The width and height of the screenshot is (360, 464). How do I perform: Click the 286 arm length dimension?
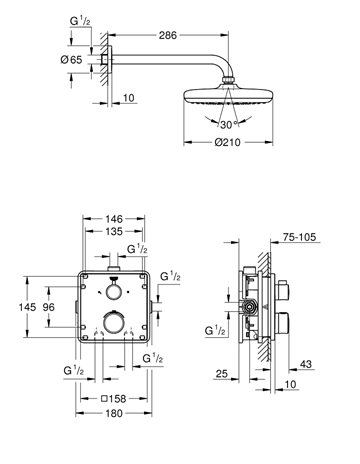point(167,35)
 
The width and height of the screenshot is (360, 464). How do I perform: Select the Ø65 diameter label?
point(71,60)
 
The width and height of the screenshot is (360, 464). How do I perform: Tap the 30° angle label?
point(229,125)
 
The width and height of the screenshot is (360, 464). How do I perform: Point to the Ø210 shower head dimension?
point(228,142)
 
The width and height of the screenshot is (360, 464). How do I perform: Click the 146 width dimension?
point(114,219)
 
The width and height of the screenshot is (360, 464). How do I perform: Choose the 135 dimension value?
point(114,231)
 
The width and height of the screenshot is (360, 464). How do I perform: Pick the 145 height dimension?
point(27,307)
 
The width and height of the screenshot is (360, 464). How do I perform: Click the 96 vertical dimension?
point(49,307)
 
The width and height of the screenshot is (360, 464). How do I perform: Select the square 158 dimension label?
point(114,398)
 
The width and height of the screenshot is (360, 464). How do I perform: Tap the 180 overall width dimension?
point(114,413)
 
